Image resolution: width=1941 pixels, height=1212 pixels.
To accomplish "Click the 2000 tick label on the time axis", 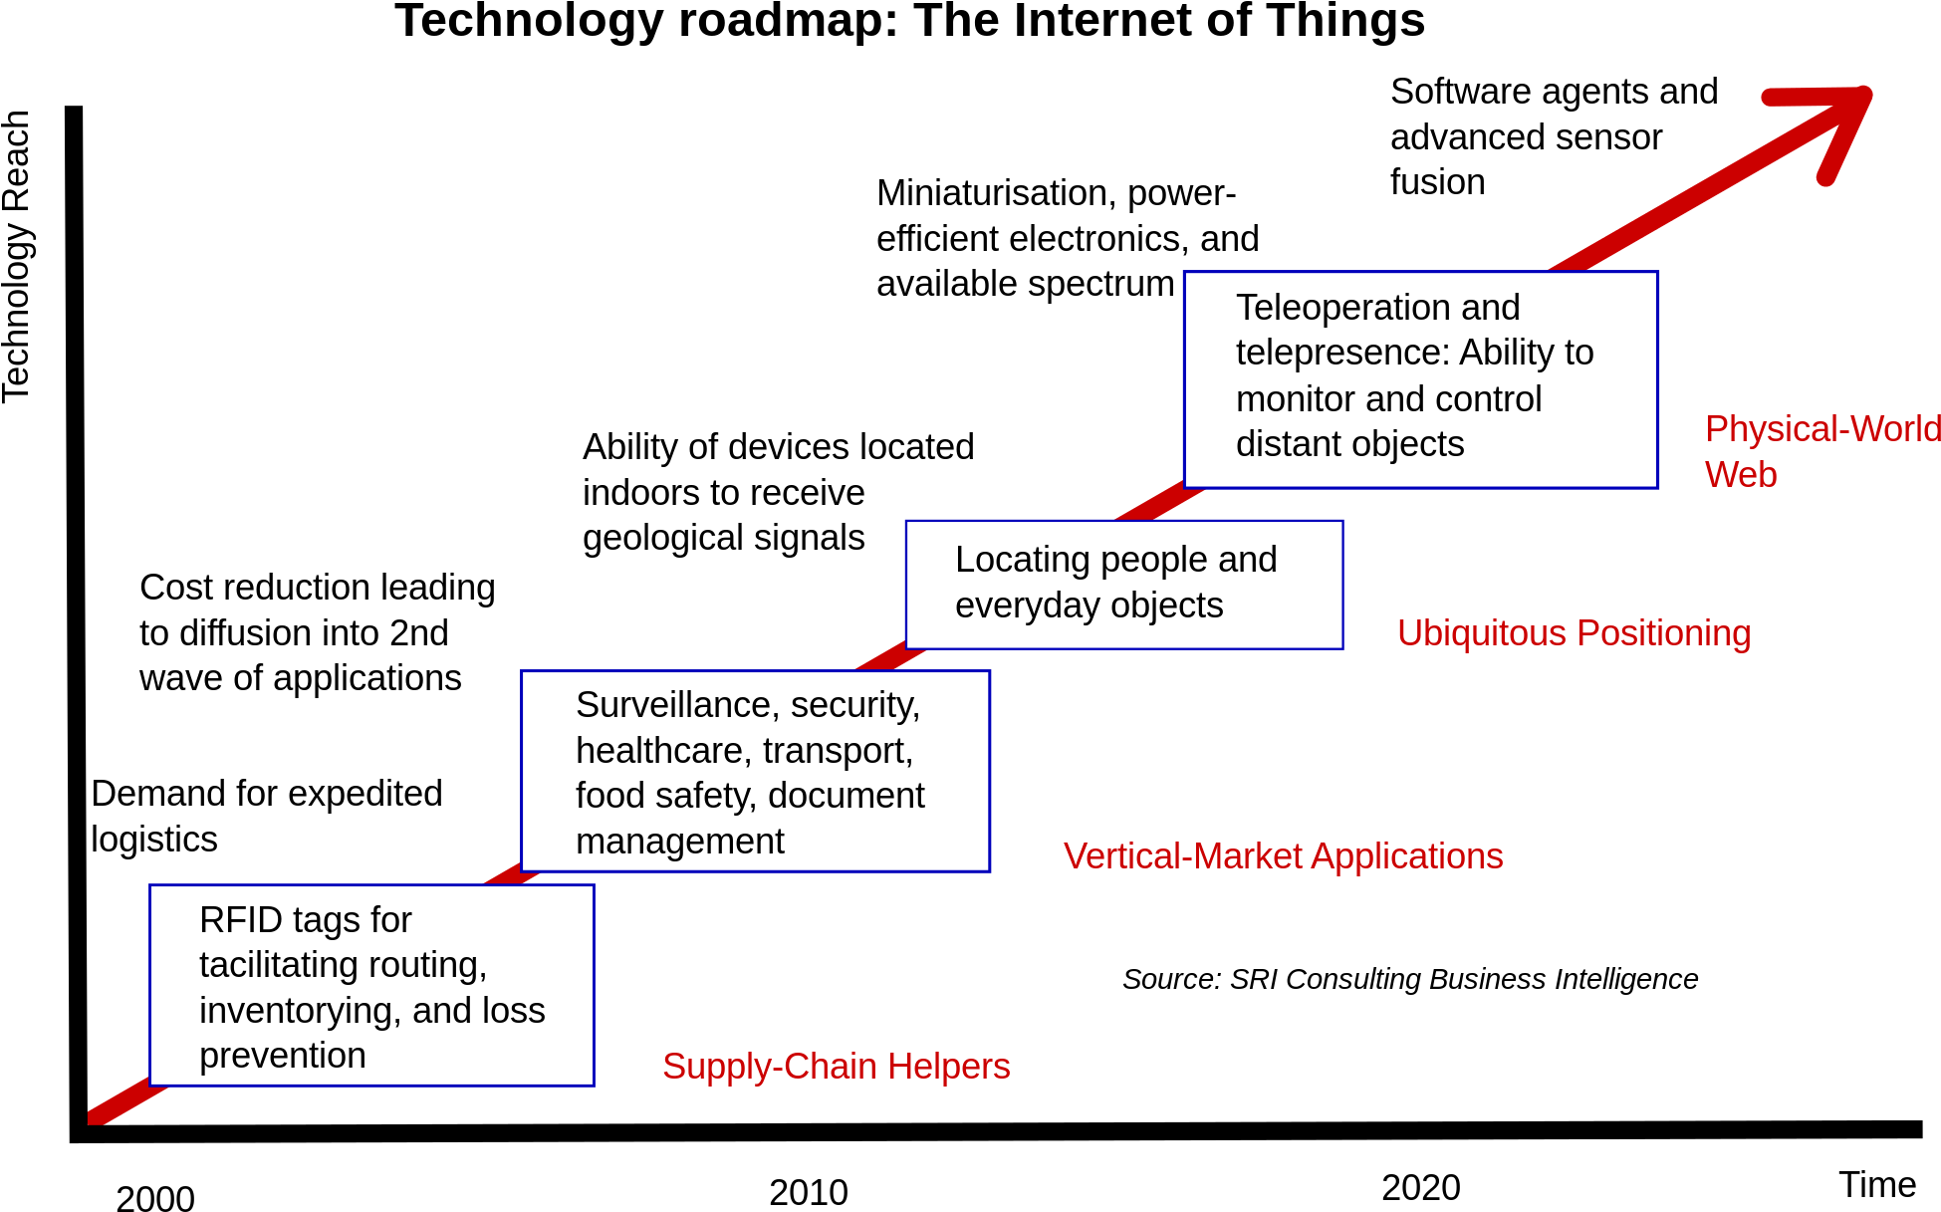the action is pos(155,1198).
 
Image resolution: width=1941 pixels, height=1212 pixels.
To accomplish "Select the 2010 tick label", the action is pos(808,1192).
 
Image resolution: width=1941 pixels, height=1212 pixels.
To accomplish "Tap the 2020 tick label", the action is pos(1420,1187).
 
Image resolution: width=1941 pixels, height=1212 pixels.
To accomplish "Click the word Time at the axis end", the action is pos(1877,1184).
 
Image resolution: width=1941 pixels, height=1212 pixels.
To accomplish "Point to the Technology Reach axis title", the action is pos(17,256).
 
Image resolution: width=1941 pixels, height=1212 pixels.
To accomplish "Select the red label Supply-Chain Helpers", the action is pos(836,1067).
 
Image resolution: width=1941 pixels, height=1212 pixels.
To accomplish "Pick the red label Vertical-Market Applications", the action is pos(1283,856).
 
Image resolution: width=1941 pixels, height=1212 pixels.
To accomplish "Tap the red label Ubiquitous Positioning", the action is pos(1574,633).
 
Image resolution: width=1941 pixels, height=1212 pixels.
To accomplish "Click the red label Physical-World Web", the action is pos(1822,451).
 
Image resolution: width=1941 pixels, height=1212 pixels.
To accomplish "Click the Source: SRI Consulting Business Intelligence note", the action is pos(1410,979).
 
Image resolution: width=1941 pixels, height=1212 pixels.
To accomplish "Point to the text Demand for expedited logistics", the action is pos(266,816).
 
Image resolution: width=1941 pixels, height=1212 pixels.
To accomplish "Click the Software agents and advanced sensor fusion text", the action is pos(1554,136).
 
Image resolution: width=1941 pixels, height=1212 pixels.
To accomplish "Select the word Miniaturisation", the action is pos(996,193).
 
